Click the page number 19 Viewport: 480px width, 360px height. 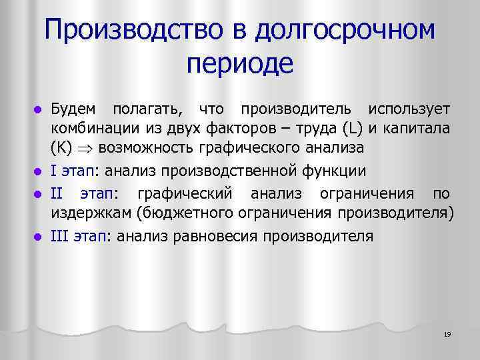447,333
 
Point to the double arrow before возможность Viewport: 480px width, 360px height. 85,147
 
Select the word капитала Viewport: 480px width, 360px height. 425,127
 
